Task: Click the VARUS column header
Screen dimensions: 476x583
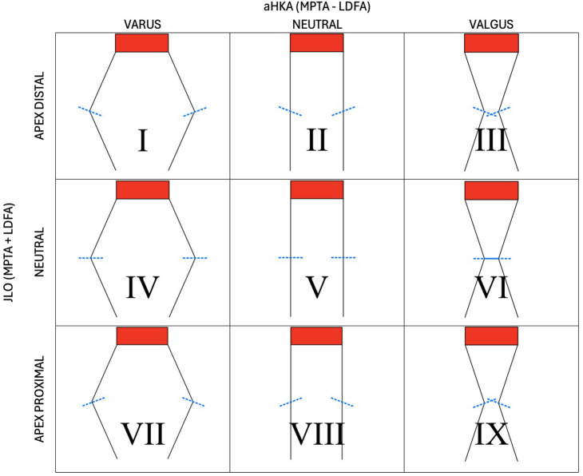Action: point(141,25)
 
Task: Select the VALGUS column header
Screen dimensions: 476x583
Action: point(491,25)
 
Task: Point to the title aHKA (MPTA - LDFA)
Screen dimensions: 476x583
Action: point(316,8)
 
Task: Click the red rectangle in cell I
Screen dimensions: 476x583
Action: point(141,43)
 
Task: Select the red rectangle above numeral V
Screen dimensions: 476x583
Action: point(317,190)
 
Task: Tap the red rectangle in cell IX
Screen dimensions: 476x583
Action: point(491,336)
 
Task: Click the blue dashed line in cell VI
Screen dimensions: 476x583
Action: point(491,259)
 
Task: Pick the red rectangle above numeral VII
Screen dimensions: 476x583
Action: point(142,336)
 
